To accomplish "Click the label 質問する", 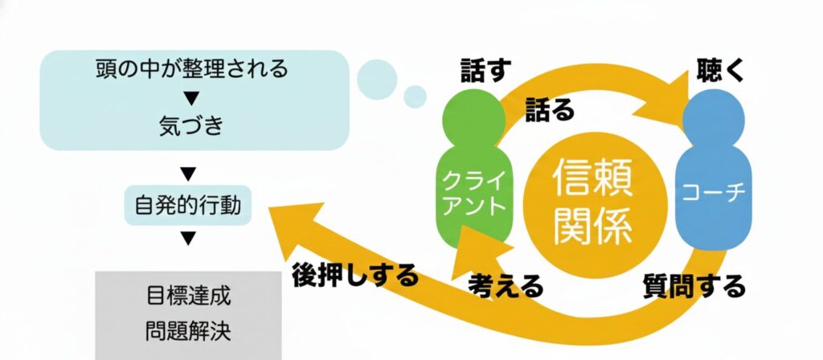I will point(695,285).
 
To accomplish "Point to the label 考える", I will point(506,285).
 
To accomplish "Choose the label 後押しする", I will point(355,276).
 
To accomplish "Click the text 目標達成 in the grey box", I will point(190,296).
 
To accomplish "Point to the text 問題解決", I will point(190,331).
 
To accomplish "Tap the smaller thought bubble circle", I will point(415,96).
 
